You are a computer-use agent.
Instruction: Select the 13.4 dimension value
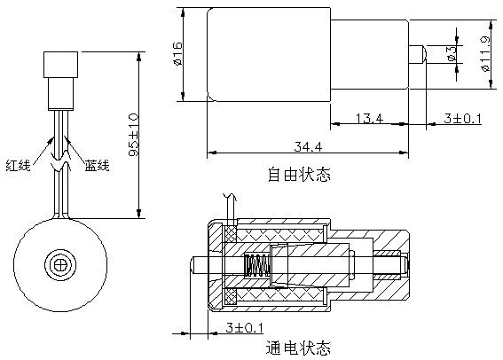(365, 119)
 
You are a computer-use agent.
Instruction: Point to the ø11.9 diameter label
(485, 55)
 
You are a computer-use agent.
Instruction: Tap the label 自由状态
(299, 174)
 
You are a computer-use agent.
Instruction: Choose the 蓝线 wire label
(97, 165)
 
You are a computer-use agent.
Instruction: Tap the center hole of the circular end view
(60, 263)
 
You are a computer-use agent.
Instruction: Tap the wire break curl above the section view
(229, 196)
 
